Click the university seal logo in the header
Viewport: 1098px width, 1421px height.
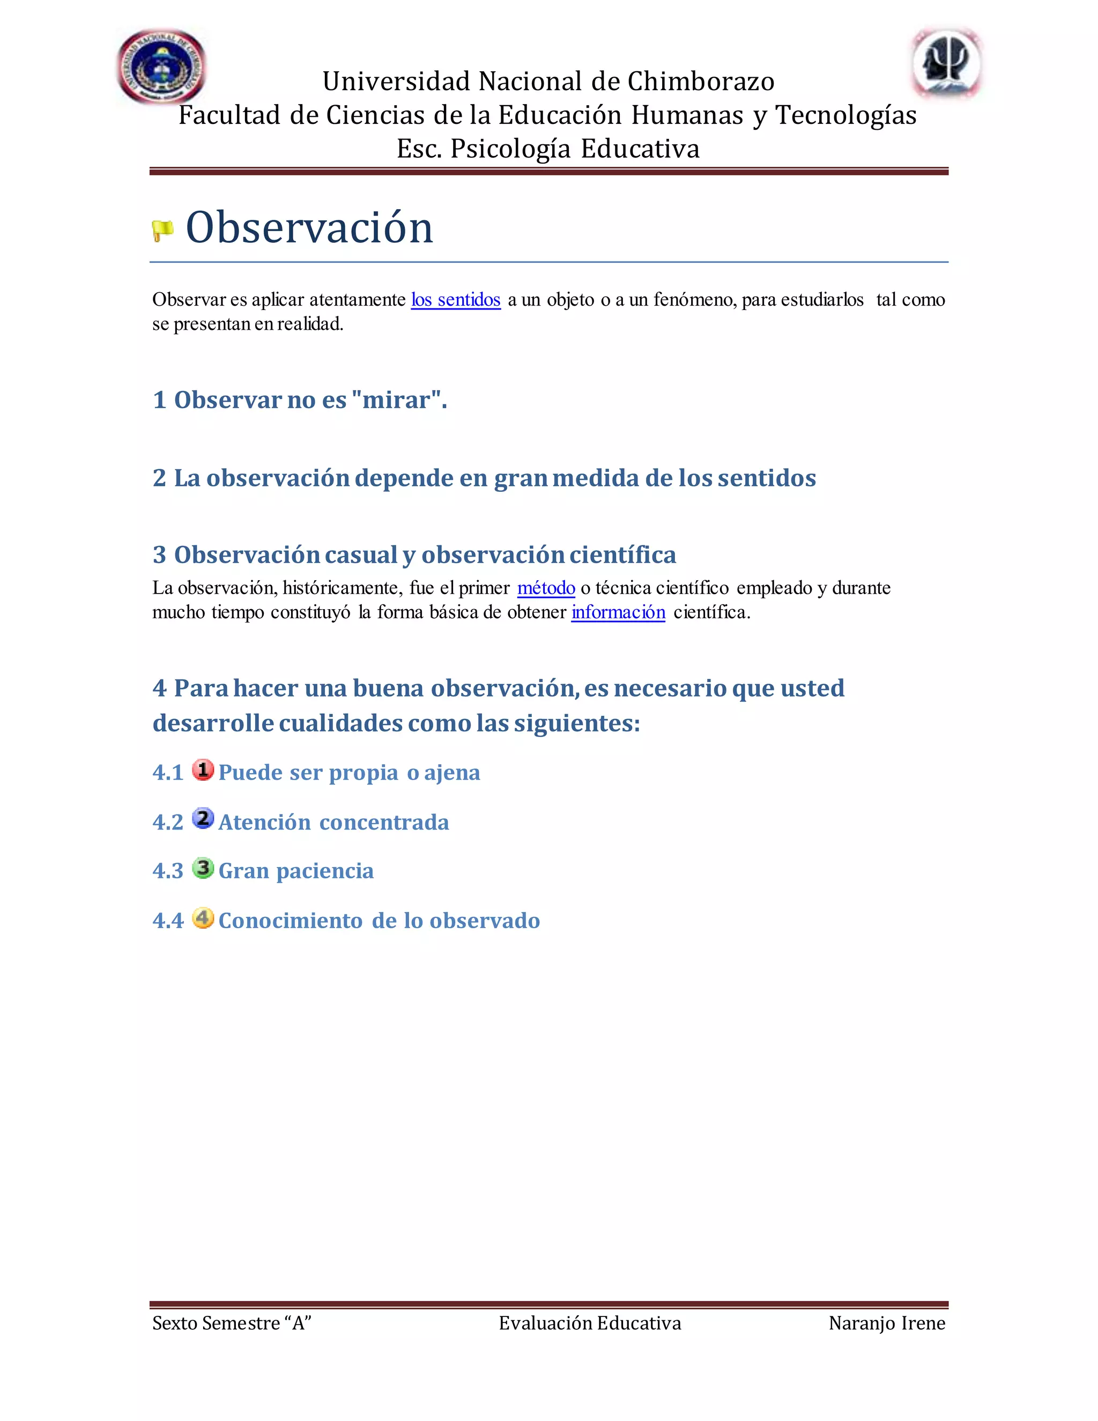click(x=161, y=67)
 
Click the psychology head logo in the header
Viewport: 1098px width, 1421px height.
click(x=946, y=64)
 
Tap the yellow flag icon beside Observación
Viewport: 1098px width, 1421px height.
click(x=162, y=231)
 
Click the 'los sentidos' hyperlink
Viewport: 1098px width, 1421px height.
click(x=455, y=300)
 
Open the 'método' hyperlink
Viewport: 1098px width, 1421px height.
click(x=546, y=588)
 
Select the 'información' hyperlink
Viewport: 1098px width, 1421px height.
click(x=618, y=612)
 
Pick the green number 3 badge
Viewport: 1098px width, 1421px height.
click(x=203, y=868)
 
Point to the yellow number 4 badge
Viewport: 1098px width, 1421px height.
click(x=203, y=918)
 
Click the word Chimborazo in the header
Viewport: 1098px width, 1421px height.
click(x=701, y=82)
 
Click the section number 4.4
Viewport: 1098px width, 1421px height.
click(x=168, y=921)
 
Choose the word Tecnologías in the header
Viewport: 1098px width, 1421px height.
click(x=845, y=116)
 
